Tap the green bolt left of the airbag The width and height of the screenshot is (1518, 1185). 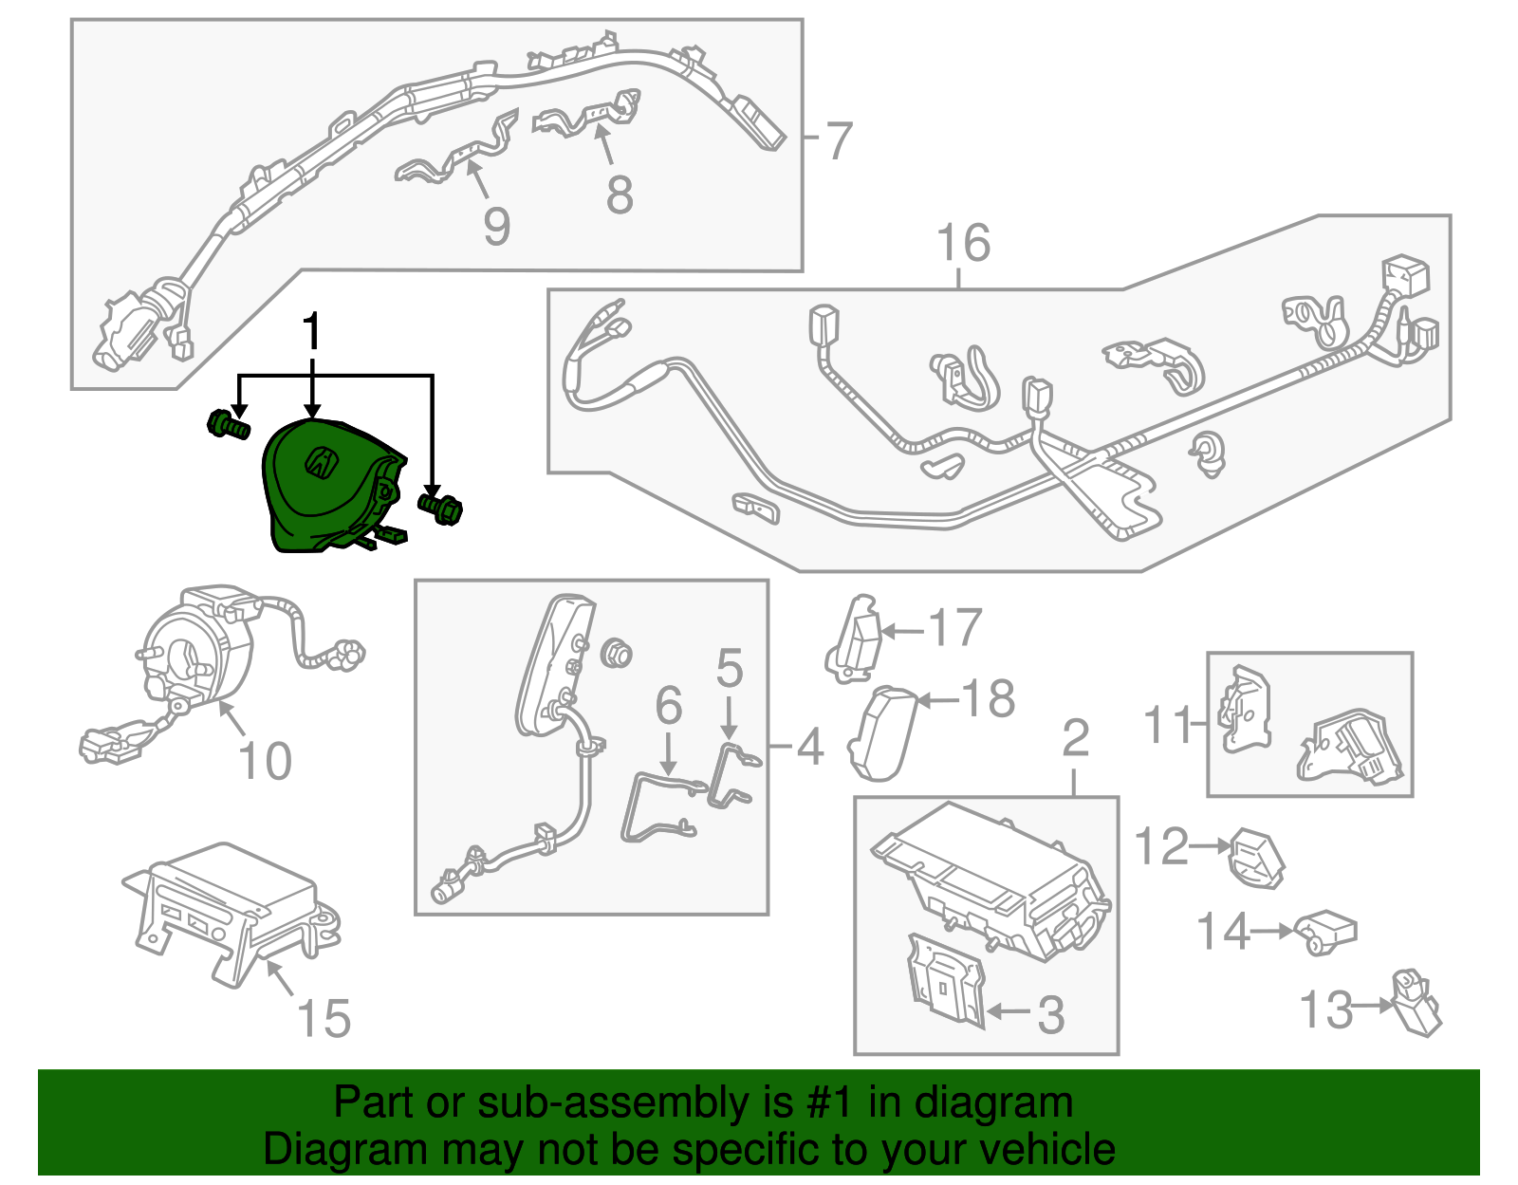point(228,425)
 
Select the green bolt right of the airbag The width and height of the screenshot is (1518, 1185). point(441,506)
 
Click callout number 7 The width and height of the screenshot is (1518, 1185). point(839,140)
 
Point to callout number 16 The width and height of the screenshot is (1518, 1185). point(963,243)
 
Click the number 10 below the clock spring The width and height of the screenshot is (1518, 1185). point(265,761)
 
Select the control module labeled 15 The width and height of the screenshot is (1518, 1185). point(228,911)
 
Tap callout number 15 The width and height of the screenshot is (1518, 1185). point(324,1018)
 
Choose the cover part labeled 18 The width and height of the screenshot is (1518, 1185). point(882,732)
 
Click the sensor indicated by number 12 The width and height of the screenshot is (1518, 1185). point(1257,858)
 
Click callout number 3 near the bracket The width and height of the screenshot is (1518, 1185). point(1050,1014)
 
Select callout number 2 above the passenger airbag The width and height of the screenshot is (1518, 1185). point(1075,737)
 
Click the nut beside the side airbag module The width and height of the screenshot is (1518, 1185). point(617,653)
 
